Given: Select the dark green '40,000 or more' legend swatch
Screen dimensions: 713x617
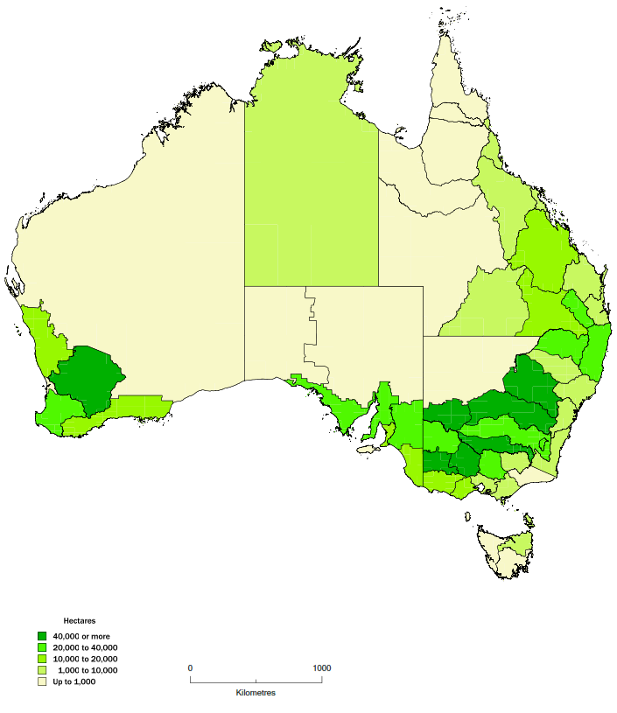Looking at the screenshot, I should pyautogui.click(x=42, y=636).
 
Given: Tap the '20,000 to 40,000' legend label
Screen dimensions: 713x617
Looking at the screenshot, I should pyautogui.click(x=86, y=647).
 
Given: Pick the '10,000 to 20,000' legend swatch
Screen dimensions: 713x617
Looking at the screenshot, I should pyautogui.click(x=42, y=659).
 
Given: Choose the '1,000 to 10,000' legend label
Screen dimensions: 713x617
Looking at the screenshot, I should pyautogui.click(x=88, y=670).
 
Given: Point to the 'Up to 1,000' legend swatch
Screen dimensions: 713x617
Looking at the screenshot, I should pyautogui.click(x=42, y=682).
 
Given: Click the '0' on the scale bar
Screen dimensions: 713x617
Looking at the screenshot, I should pyautogui.click(x=190, y=668).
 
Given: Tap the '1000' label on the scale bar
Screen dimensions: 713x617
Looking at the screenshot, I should pyautogui.click(x=320, y=668).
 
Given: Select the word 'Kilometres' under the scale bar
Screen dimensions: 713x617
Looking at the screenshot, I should pyautogui.click(x=256, y=693).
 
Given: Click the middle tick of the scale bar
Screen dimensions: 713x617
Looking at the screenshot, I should pyautogui.click(x=256, y=680).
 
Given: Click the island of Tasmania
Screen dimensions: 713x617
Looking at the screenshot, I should pyautogui.click(x=504, y=551).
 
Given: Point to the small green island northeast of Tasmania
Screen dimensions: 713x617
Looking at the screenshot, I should pyautogui.click(x=529, y=522).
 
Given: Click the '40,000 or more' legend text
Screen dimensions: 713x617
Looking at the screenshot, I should pyautogui.click(x=81, y=636).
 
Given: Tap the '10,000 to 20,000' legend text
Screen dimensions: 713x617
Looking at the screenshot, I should pyautogui.click(x=86, y=659).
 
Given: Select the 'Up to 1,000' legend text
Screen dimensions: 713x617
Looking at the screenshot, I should pyautogui.click(x=75, y=682).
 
